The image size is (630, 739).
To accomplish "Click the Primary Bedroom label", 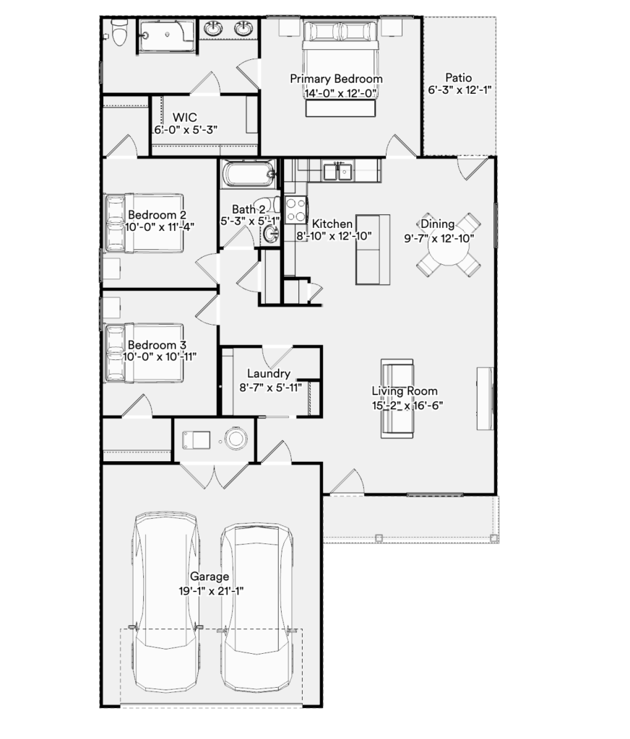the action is [x=336, y=79].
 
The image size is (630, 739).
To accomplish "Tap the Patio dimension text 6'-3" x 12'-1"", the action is [x=459, y=89].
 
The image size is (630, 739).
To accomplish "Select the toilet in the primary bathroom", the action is [x=119, y=33].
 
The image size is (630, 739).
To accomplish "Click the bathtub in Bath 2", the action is [x=249, y=173].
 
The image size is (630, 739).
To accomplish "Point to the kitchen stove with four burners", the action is [x=296, y=210].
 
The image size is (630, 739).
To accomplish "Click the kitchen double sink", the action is [x=337, y=172].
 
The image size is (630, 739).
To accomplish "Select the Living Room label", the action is [x=405, y=390].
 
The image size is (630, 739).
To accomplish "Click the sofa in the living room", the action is [x=397, y=398].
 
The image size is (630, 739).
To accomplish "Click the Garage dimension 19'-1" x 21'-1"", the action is [x=211, y=591].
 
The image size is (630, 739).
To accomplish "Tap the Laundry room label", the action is [x=269, y=374].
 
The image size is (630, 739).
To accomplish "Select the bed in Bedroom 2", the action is [x=144, y=222].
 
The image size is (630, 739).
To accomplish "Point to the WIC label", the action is [x=184, y=117].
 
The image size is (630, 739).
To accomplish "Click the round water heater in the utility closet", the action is [x=236, y=439].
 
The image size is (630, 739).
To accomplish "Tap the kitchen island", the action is [x=373, y=250].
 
